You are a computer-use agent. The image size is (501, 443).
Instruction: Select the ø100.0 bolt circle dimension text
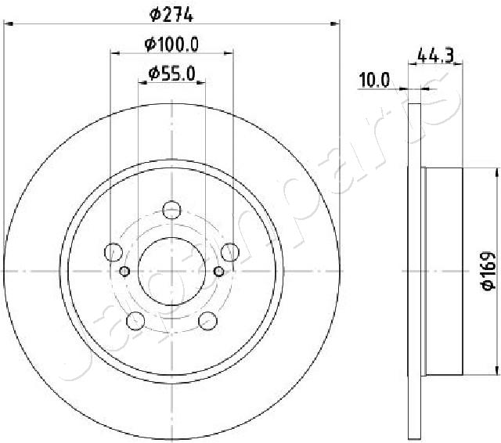click(x=171, y=45)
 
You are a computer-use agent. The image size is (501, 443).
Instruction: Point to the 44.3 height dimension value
click(x=437, y=56)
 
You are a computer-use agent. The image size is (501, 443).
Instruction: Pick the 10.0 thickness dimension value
click(x=373, y=80)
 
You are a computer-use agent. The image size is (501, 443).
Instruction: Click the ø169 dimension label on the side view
click(x=487, y=272)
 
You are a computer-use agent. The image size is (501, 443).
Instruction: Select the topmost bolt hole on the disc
click(x=171, y=209)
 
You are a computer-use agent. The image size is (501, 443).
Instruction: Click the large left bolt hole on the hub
click(x=113, y=252)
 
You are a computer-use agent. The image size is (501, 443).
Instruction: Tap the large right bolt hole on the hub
click(x=230, y=251)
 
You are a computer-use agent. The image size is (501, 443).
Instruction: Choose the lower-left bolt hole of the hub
click(x=135, y=320)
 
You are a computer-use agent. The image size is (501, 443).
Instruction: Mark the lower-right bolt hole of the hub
click(x=207, y=320)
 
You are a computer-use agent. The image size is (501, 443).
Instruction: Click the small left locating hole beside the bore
click(x=125, y=272)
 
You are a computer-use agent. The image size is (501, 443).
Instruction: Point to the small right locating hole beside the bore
click(x=218, y=272)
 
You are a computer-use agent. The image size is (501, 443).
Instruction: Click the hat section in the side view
click(x=444, y=271)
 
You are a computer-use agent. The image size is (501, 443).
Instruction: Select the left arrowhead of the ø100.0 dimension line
click(x=114, y=53)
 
